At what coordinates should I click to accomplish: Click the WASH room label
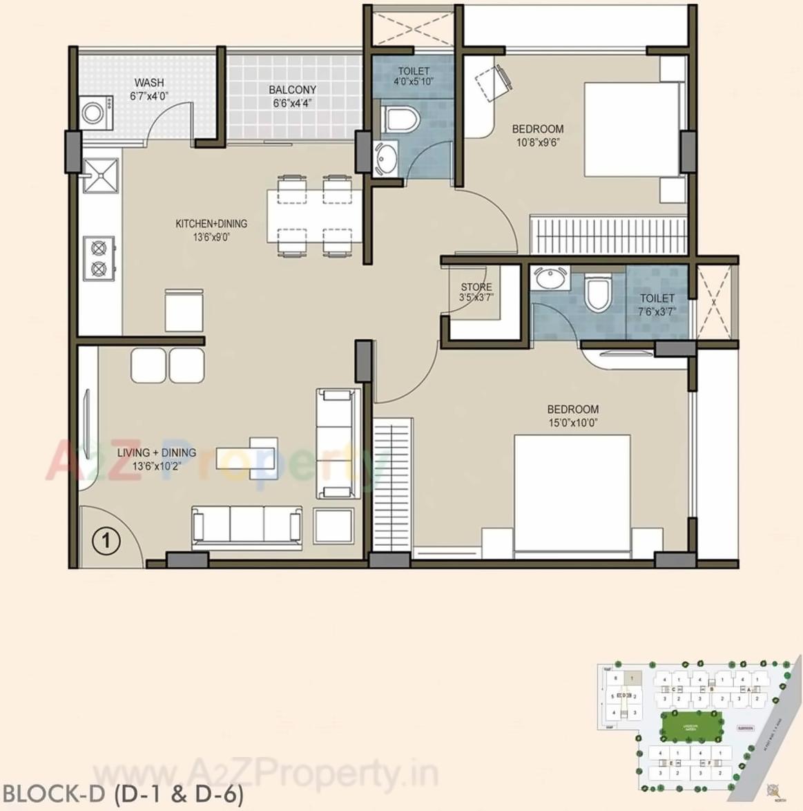click(148, 83)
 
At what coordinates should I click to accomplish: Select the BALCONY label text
click(292, 90)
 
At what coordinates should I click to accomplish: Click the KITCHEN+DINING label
click(211, 224)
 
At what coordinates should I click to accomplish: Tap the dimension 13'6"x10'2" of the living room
click(156, 466)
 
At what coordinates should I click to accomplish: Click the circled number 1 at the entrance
click(106, 540)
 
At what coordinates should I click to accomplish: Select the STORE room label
click(476, 287)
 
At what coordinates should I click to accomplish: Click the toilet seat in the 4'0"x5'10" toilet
click(401, 119)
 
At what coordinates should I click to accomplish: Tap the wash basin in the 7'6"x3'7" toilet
click(550, 280)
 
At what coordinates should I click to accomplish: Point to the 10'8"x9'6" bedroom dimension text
click(537, 142)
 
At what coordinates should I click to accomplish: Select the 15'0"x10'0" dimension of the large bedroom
click(572, 422)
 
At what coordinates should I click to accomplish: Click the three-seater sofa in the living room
click(246, 524)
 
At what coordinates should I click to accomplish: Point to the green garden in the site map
click(691, 724)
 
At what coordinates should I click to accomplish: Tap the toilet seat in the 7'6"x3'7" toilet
click(597, 293)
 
